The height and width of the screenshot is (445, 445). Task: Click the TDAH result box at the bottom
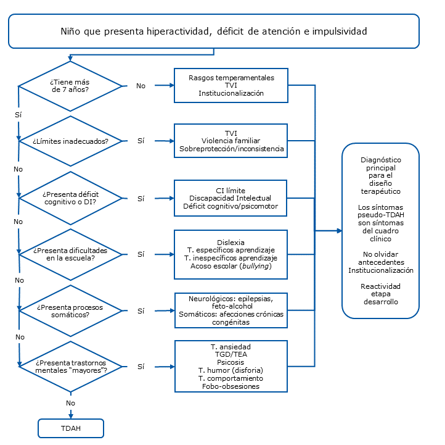click(x=71, y=428)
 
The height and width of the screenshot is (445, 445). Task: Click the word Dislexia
click(x=231, y=242)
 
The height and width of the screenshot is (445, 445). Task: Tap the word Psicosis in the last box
click(x=231, y=362)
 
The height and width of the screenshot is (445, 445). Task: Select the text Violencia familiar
click(x=231, y=141)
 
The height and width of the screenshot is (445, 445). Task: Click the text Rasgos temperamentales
click(x=231, y=78)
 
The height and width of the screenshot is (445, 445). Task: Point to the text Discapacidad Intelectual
click(x=231, y=198)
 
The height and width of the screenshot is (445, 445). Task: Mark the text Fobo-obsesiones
click(x=231, y=386)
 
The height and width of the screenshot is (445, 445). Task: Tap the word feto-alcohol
click(x=231, y=306)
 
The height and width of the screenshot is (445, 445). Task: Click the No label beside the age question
click(x=141, y=86)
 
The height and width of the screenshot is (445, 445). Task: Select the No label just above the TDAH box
click(x=71, y=402)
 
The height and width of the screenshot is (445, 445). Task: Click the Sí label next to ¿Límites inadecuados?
click(x=141, y=141)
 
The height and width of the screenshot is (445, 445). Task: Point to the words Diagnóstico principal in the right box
click(x=380, y=164)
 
